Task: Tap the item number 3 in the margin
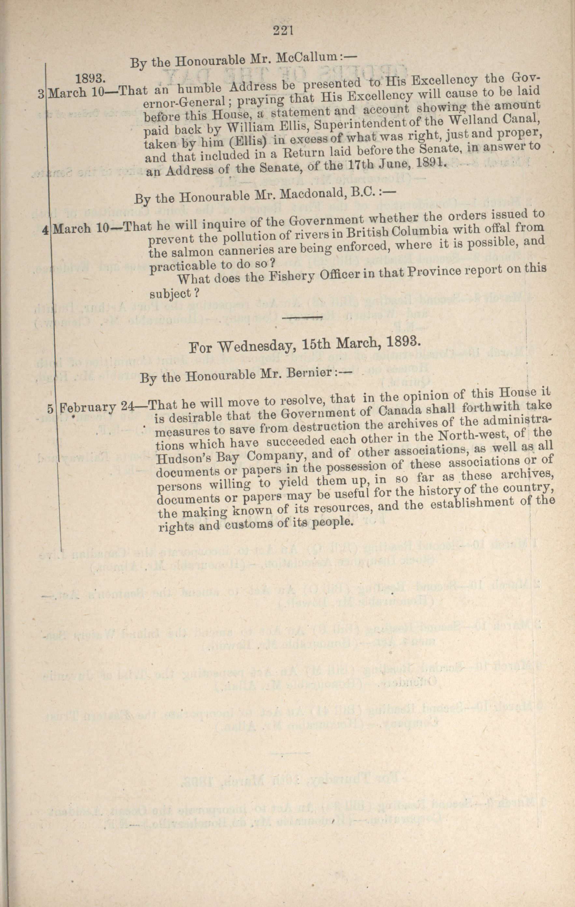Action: (41, 94)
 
